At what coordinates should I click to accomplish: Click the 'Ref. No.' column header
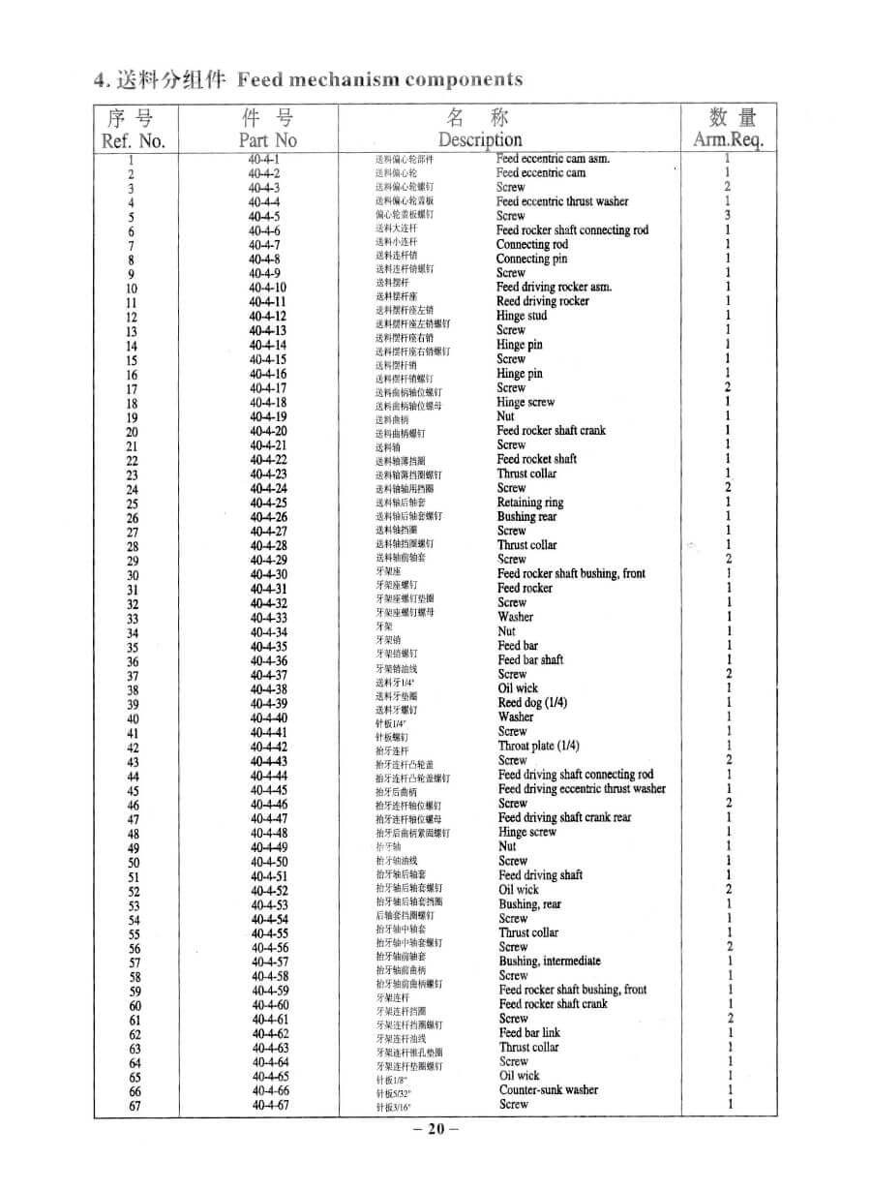pos(134,140)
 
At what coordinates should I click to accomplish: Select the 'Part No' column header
pos(267,140)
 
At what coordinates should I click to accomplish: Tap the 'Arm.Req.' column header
pos(729,140)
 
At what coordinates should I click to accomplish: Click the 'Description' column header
pos(480,140)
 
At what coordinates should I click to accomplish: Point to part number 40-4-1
pos(263,159)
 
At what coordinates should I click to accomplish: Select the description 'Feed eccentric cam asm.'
pos(553,159)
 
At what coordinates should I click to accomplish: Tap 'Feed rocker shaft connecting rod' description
pos(572,230)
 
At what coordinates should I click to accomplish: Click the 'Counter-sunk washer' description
pos(549,1090)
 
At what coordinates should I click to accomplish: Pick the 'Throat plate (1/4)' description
pos(539,746)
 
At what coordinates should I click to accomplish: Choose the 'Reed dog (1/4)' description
pos(532,703)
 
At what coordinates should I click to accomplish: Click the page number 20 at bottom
pos(435,1129)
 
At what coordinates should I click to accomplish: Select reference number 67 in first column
pos(135,1107)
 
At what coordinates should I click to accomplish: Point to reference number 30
pos(133,575)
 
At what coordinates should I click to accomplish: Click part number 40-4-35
pos(268,647)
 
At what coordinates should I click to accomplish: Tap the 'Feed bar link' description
pos(529,1033)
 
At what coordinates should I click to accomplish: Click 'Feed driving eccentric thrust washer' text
pos(582,789)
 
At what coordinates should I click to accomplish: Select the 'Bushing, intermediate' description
pos(550,962)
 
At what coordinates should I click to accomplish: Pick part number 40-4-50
pos(268,862)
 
